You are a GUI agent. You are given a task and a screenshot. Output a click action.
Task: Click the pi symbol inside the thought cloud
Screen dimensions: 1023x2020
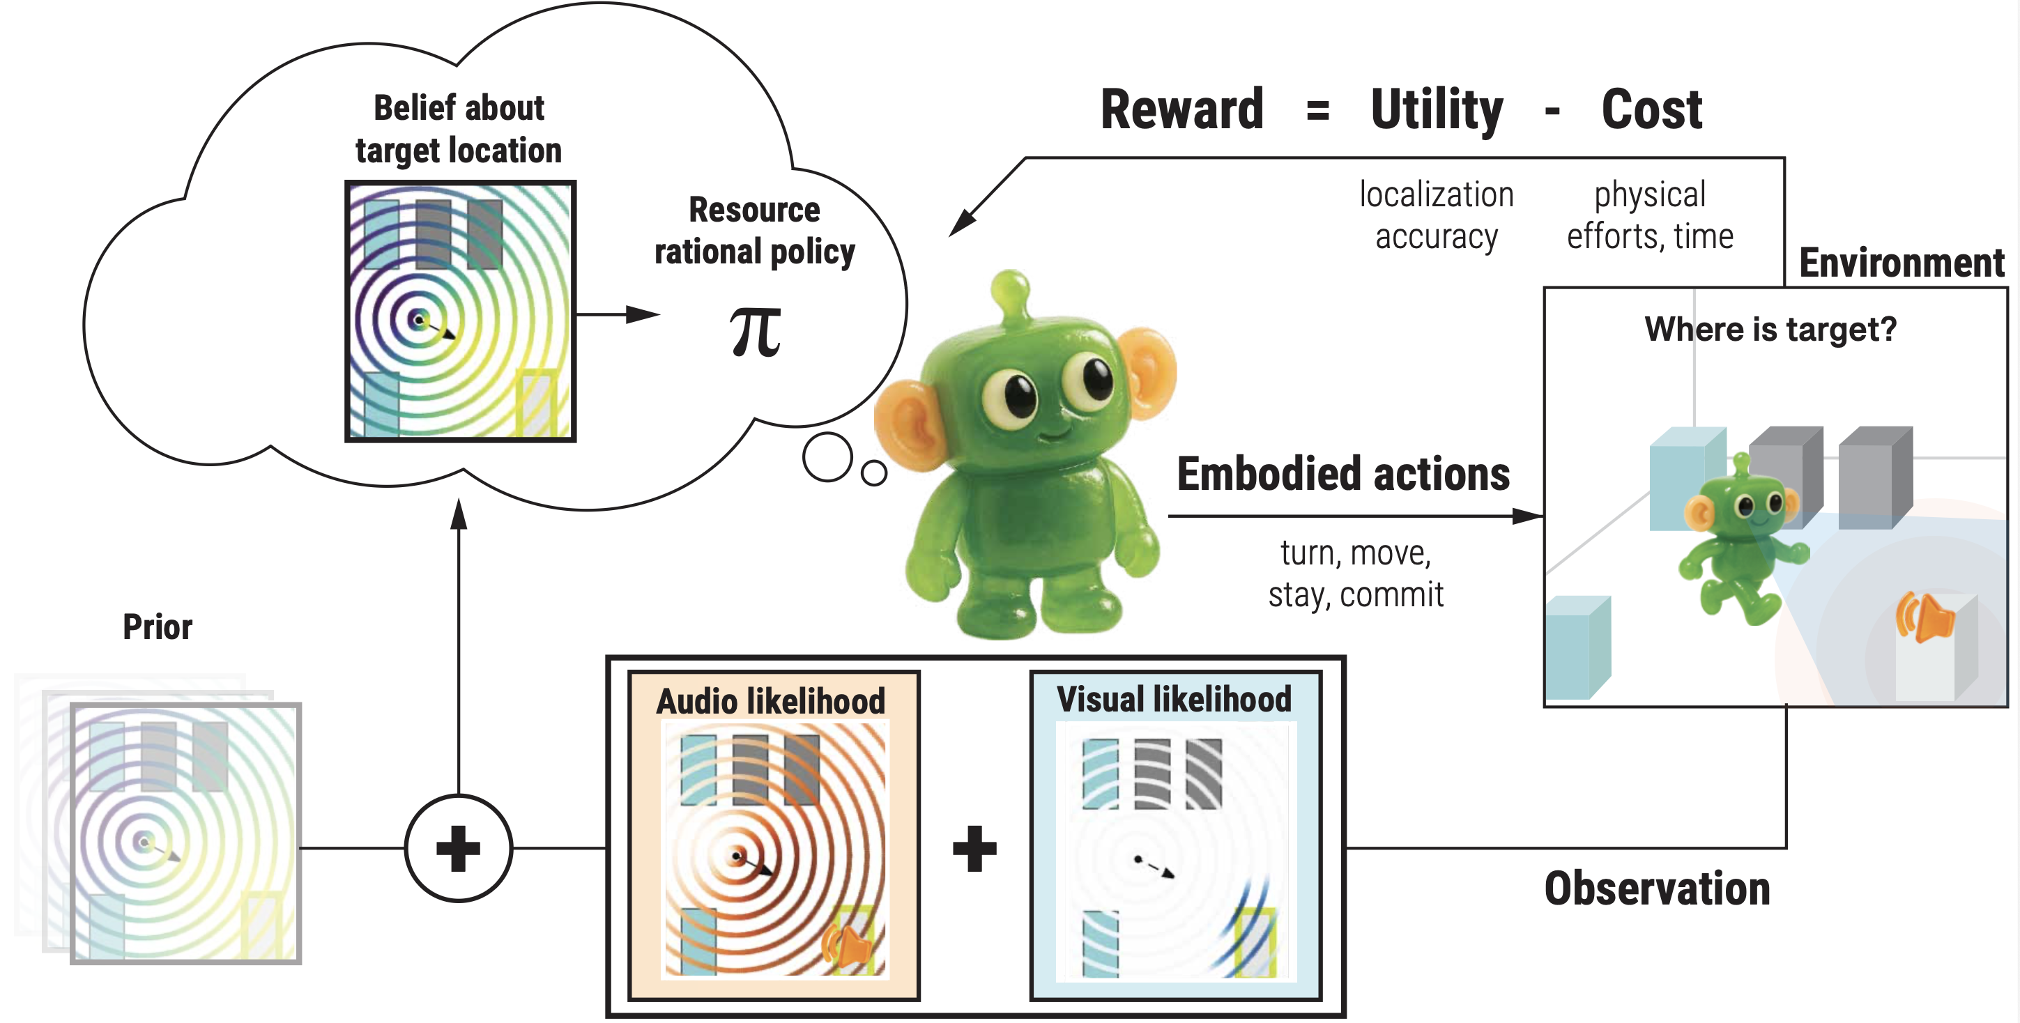tap(755, 332)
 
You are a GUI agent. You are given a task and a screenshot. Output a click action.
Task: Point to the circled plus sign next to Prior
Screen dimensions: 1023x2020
tap(459, 848)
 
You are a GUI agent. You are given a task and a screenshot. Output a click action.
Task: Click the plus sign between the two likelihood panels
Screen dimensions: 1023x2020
tap(974, 848)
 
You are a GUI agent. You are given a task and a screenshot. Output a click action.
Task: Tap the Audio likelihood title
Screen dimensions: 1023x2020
tap(770, 701)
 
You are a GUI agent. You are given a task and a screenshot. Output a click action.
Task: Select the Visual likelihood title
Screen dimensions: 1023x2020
tap(1173, 699)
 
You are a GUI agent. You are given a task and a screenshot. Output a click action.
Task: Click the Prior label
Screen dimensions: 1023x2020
tap(157, 626)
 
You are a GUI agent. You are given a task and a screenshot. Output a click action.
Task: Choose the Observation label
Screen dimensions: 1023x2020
tap(1656, 889)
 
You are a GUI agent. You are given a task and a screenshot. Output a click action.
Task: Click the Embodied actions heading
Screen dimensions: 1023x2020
tap(1342, 475)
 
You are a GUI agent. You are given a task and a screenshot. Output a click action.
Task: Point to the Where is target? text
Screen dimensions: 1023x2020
tap(1770, 329)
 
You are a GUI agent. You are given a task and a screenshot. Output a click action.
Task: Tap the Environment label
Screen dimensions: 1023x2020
tap(1901, 263)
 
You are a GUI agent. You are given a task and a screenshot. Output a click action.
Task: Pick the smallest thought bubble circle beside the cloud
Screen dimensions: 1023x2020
tap(873, 472)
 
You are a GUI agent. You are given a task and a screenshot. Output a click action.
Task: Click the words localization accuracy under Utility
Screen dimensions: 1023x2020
tap(1436, 215)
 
